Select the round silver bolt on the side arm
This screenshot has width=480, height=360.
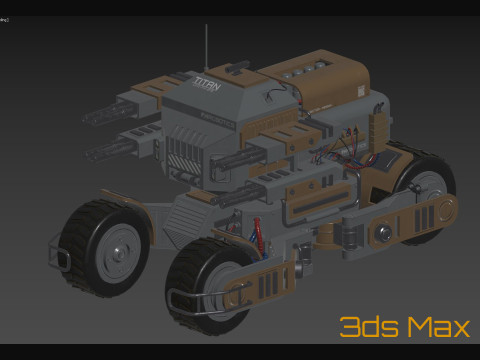tap(383, 235)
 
